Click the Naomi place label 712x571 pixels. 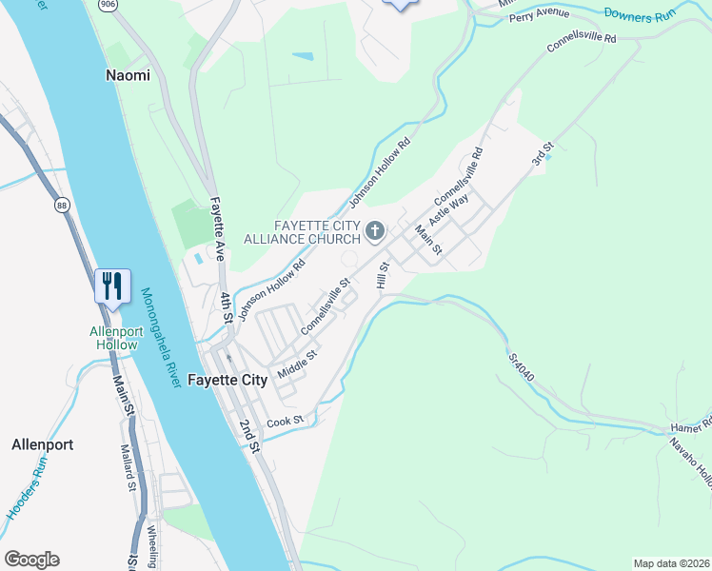pyautogui.click(x=128, y=75)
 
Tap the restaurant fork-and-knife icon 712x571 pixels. pyautogui.click(x=112, y=285)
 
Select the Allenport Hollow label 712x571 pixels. pyautogui.click(x=114, y=338)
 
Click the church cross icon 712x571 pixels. pyautogui.click(x=375, y=230)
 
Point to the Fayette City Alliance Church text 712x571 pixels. pyautogui.click(x=317, y=231)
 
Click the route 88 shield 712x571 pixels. pyautogui.click(x=62, y=205)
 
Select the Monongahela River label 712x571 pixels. pyautogui.click(x=160, y=338)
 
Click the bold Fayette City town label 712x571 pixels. pyautogui.click(x=227, y=380)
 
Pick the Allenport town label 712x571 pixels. pyautogui.click(x=42, y=444)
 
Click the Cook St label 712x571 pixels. pyautogui.click(x=285, y=420)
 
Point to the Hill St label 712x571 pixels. pyautogui.click(x=383, y=277)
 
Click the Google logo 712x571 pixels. pyautogui.click(x=31, y=560)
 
